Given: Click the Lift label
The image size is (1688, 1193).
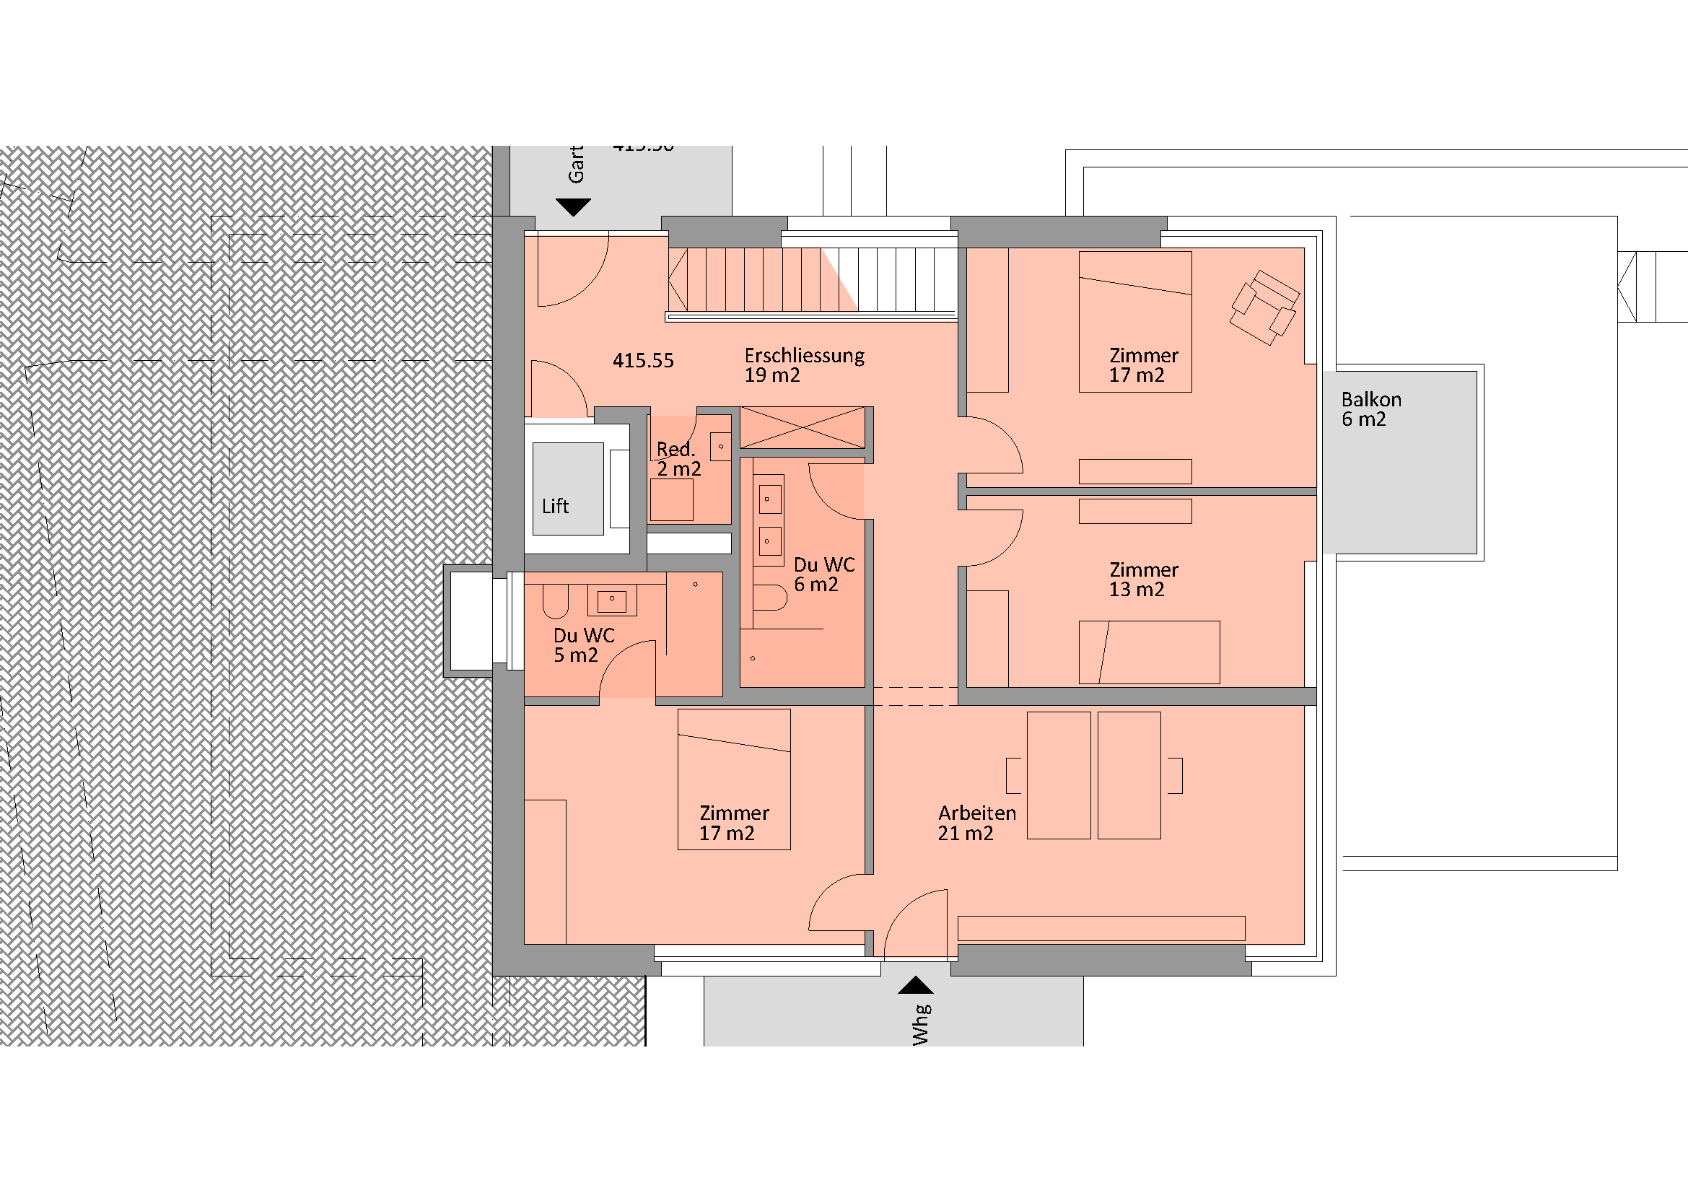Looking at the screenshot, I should coord(555,507).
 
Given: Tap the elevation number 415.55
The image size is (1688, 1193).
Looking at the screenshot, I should coord(642,360).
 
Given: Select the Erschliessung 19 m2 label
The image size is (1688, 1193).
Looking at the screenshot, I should coord(803,365).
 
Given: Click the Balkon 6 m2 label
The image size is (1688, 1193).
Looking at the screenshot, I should coord(1370,409).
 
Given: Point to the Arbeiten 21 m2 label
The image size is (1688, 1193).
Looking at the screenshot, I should coord(976,823).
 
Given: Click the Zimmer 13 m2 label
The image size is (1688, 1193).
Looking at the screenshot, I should coord(1142,580).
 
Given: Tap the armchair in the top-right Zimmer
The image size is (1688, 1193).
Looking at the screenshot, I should coord(1264,307).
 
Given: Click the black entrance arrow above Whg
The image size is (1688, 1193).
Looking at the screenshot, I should coord(915,985).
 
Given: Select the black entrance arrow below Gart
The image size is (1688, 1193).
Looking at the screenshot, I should coord(573,207).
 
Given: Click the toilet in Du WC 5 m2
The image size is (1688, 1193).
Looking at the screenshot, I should coord(556,601).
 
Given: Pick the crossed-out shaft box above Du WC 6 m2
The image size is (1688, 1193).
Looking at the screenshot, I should coord(802,427).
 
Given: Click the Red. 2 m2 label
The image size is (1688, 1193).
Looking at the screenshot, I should coord(678,459).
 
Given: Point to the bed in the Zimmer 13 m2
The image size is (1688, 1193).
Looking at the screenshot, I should coord(1148,652).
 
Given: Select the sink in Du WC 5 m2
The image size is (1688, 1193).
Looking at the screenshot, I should coord(612,601).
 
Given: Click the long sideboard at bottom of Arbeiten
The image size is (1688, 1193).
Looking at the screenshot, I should coord(1101,928).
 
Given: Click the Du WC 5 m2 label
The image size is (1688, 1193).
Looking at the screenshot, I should coord(583,644).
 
